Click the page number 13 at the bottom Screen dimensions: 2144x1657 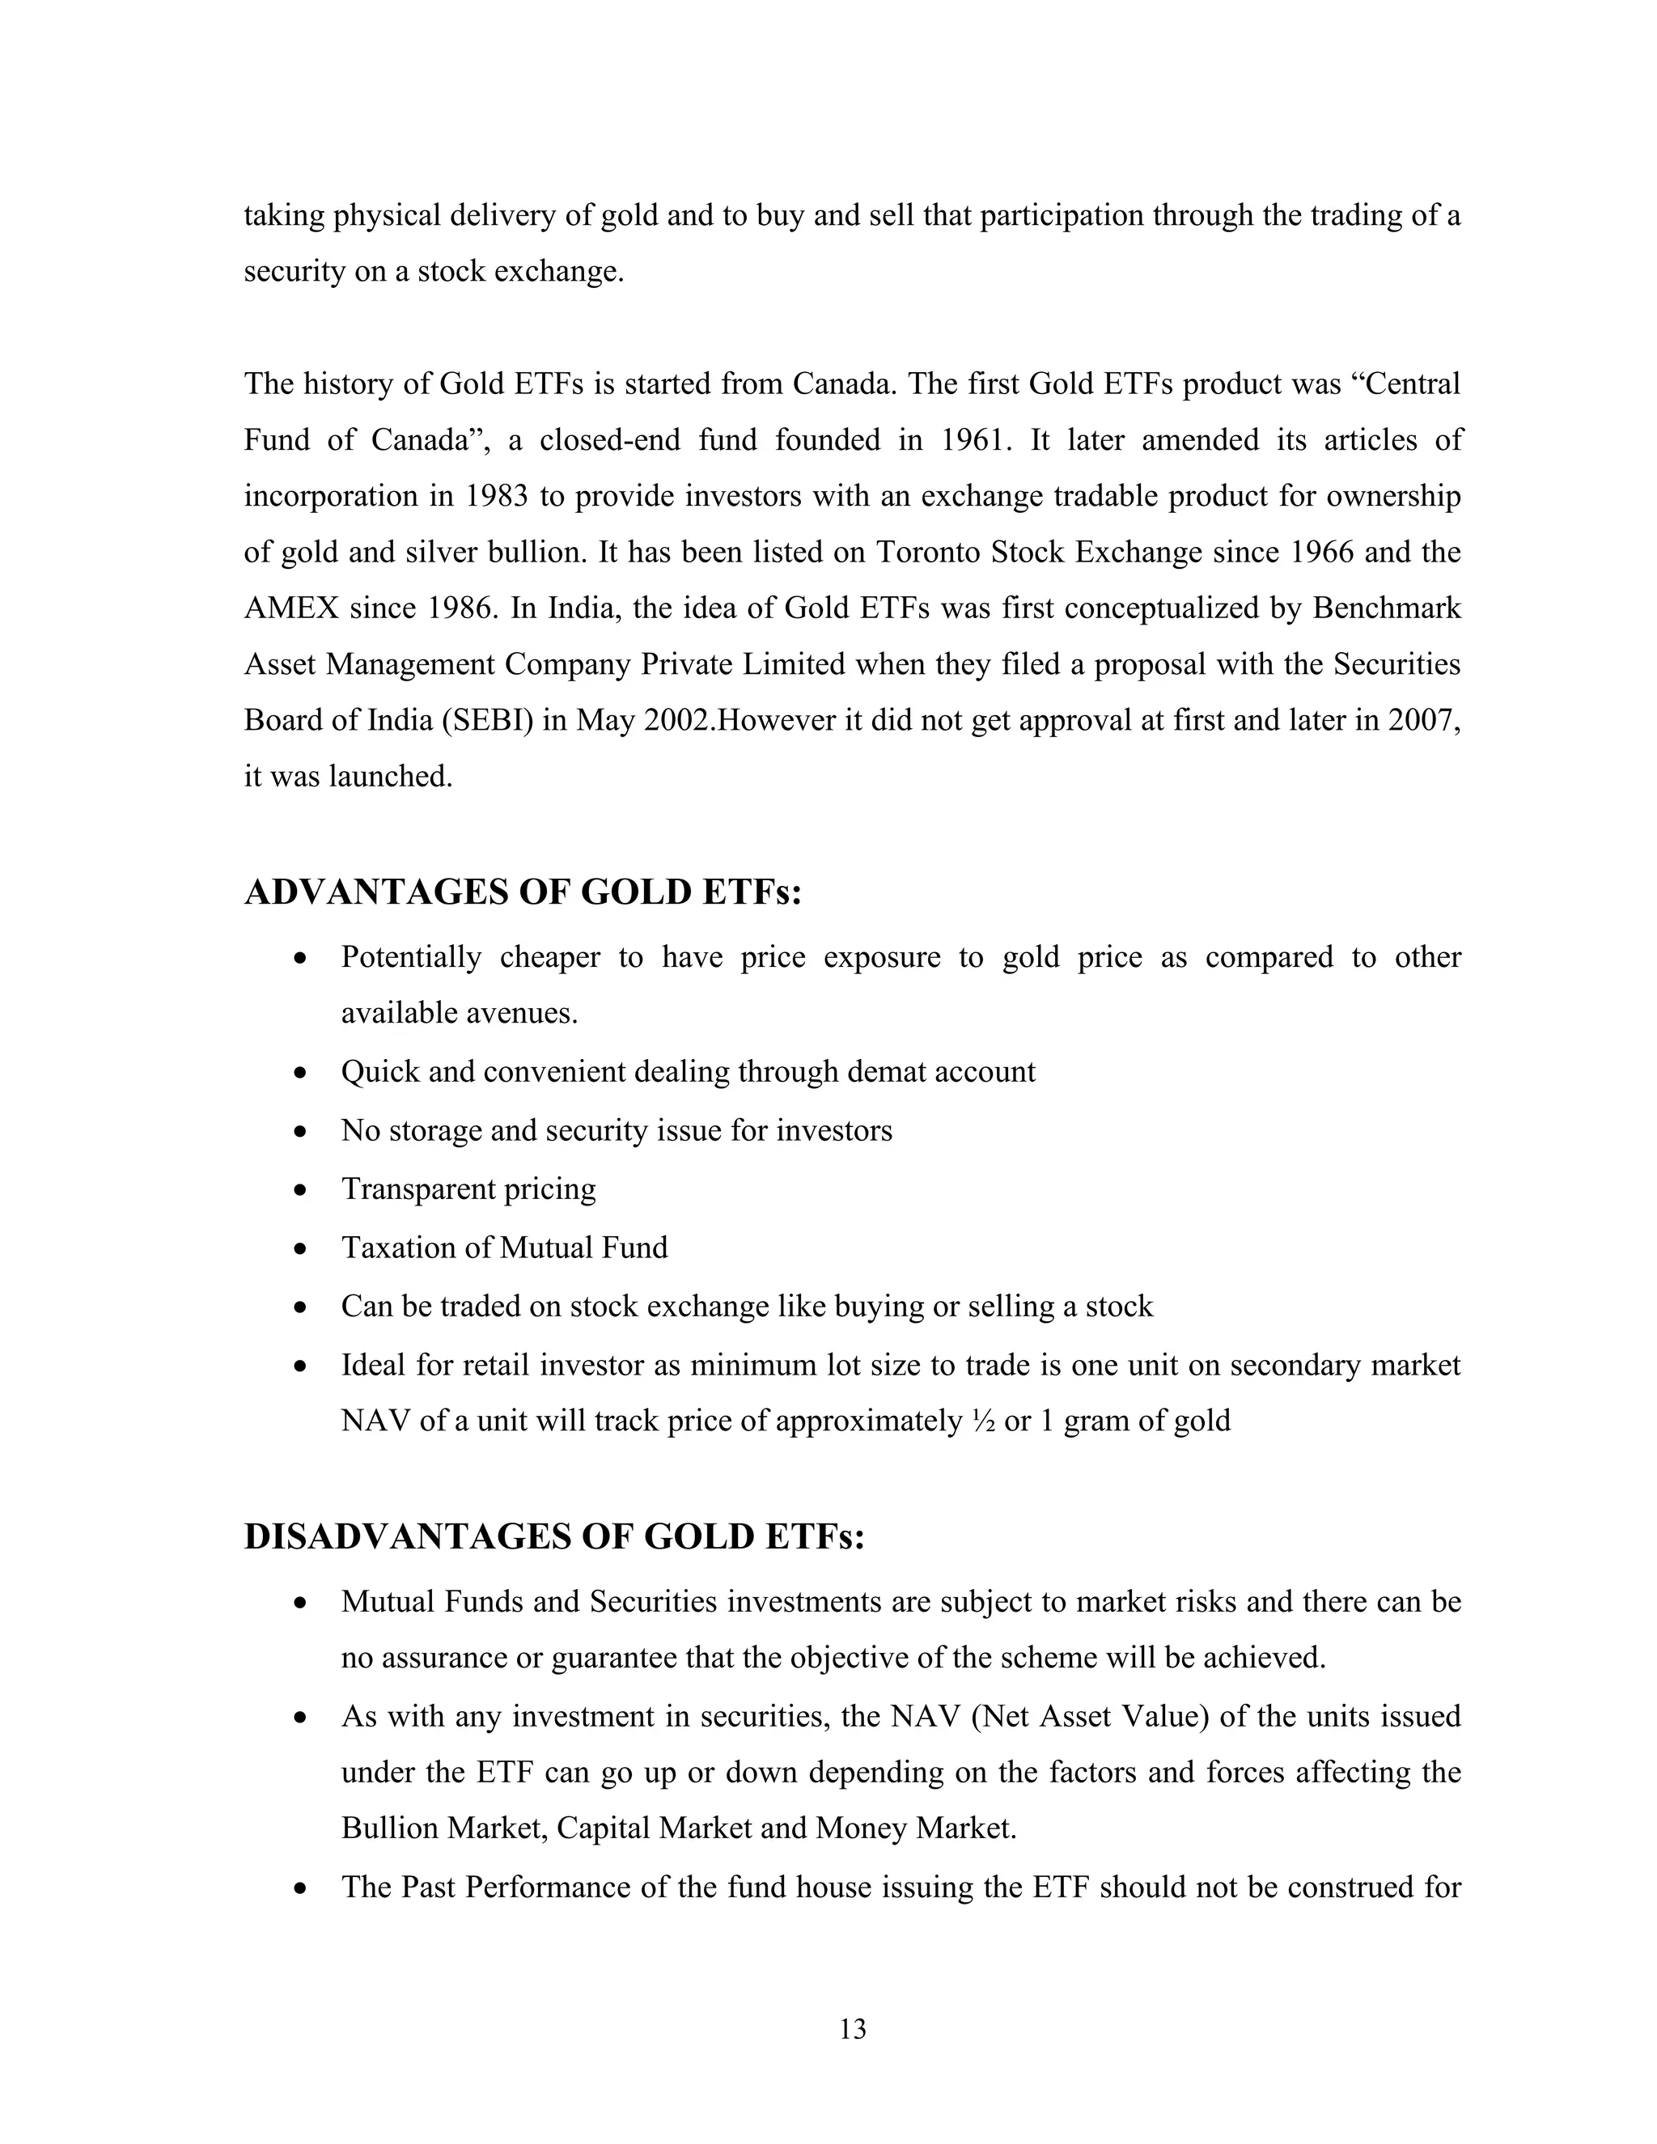pyautogui.click(x=852, y=2028)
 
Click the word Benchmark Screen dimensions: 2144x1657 pyautogui.click(x=1386, y=608)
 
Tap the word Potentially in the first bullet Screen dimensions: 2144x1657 pyautogui.click(x=411, y=957)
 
